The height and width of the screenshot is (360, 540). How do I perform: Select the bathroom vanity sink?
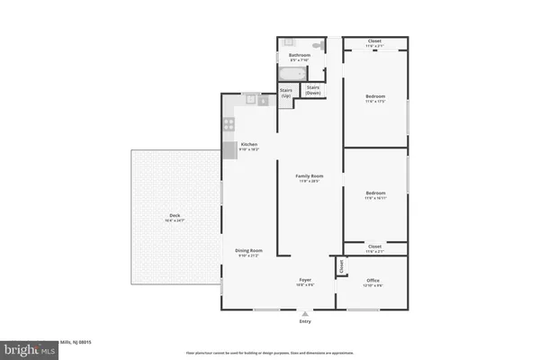[x=288, y=43]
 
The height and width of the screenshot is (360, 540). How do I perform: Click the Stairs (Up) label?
[x=285, y=91]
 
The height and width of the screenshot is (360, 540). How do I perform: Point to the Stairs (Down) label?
[x=312, y=91]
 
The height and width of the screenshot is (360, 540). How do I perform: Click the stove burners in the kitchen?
[x=229, y=124]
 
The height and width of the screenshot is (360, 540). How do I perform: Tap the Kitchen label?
[x=249, y=145]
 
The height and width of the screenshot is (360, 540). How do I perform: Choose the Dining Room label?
[x=249, y=251]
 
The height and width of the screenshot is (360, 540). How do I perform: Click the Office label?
[x=373, y=281]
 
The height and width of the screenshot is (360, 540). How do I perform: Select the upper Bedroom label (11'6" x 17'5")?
[x=375, y=96]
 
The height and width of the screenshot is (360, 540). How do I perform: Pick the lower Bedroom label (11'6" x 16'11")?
[x=375, y=193]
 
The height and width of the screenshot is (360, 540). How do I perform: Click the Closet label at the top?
[x=375, y=40]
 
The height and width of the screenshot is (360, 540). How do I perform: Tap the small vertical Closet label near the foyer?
[x=341, y=266]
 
